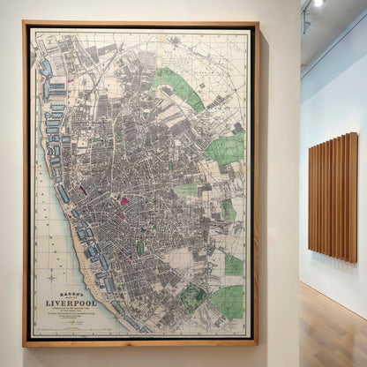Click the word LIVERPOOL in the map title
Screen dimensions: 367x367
pyautogui.click(x=71, y=303)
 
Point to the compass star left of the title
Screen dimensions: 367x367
pyautogui.click(x=52, y=276)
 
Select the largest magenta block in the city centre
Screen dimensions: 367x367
pyautogui.click(x=124, y=201)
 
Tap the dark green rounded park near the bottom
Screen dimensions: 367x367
pyautogui.click(x=192, y=296)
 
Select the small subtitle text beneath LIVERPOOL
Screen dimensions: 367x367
pyautogui.click(x=71, y=313)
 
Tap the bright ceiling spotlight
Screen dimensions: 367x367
pyautogui.click(x=318, y=3)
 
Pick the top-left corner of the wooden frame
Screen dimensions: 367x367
pyautogui.click(x=25, y=24)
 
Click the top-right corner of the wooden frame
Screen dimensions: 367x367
pyautogui.click(x=257, y=24)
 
